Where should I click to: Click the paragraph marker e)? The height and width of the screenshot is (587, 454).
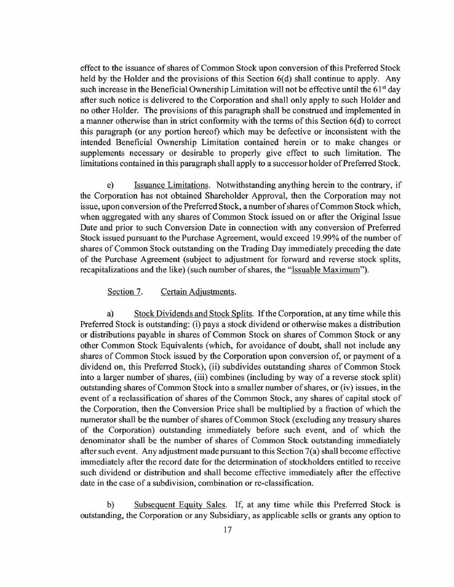pyautogui.click(x=110, y=185)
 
